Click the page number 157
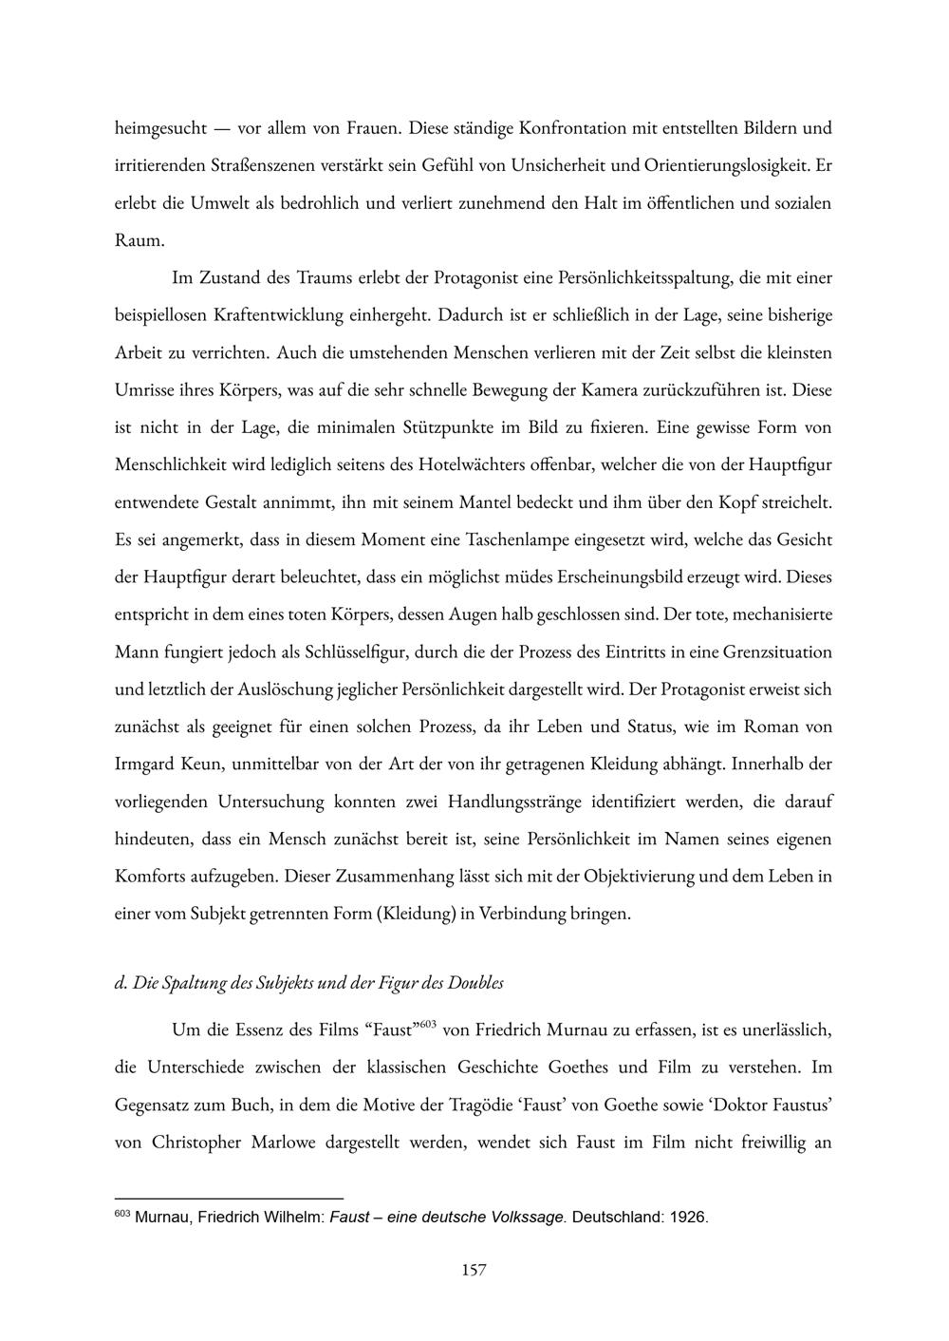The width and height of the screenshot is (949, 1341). click(x=474, y=1270)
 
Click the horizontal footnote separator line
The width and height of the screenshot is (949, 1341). click(x=228, y=1199)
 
